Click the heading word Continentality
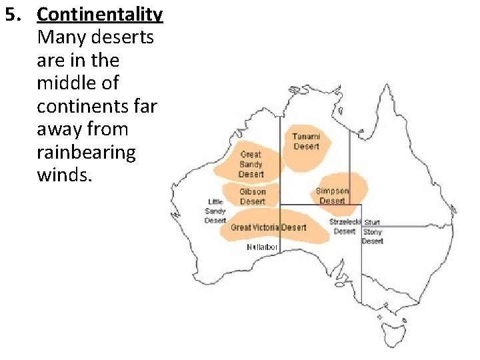(100, 14)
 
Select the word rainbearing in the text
(87, 152)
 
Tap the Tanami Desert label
(306, 141)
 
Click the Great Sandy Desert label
(251, 164)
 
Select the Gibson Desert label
(252, 196)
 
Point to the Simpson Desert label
(332, 195)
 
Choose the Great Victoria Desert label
(269, 227)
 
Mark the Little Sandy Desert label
(215, 211)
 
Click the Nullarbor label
(262, 247)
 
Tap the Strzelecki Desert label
(345, 226)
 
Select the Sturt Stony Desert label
(372, 232)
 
